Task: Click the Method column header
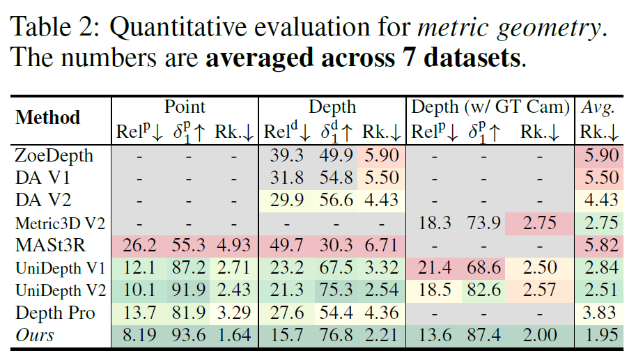pyautogui.click(x=48, y=118)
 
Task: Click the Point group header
pyautogui.click(x=185, y=107)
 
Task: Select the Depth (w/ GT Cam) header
pyautogui.click(x=490, y=107)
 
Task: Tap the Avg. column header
pyautogui.click(x=598, y=107)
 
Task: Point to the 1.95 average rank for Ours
pyautogui.click(x=598, y=335)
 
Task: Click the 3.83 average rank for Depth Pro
pyautogui.click(x=598, y=312)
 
